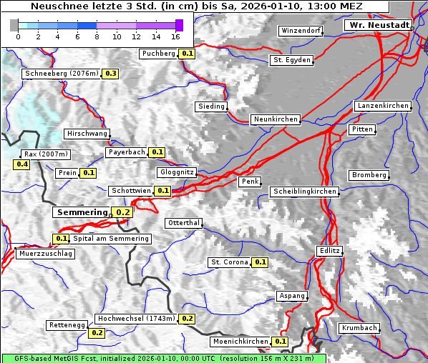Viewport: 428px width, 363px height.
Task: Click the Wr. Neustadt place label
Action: [379, 25]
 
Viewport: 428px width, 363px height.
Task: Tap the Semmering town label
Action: [81, 212]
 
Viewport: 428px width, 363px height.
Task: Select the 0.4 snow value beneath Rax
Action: [22, 164]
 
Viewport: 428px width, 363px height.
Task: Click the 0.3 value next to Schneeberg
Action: [111, 74]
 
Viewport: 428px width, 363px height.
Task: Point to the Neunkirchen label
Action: [275, 119]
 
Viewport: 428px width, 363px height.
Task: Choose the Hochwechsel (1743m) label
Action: [136, 319]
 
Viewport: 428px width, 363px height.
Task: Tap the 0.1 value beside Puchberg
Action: [188, 54]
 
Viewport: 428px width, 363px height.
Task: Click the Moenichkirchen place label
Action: [240, 342]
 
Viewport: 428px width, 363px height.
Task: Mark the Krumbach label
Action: [359, 328]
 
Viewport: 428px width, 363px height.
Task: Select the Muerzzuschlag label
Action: [45, 254]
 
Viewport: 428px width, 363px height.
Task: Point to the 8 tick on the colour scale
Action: [97, 36]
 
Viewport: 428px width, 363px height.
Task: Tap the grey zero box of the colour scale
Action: [14, 25]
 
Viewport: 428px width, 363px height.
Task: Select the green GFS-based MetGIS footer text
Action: [163, 358]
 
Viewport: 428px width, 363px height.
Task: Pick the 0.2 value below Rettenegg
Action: [97, 333]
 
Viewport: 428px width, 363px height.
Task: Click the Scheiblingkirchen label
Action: [304, 192]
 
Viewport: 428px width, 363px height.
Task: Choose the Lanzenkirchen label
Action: [383, 106]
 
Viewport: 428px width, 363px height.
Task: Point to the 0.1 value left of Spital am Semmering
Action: [61, 239]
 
